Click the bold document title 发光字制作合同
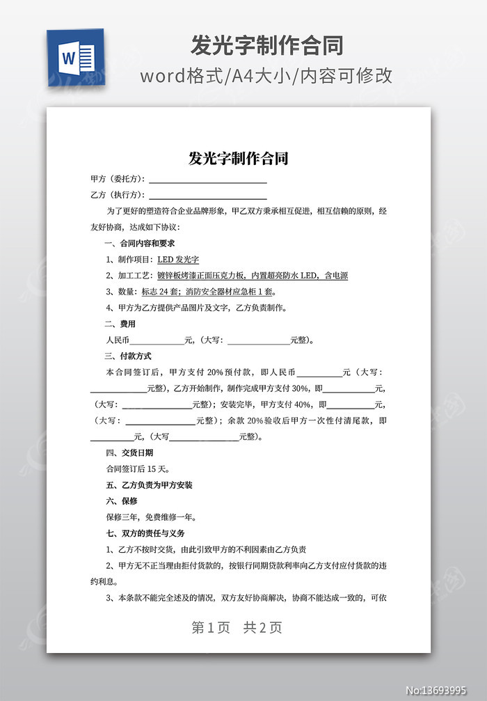239,158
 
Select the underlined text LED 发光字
178,260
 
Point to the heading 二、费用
120,324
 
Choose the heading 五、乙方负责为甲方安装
148,485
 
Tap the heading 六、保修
120,501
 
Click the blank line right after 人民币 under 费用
157,340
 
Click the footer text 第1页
211,627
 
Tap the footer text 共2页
262,627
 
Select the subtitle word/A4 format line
266,76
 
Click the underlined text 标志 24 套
182,292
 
